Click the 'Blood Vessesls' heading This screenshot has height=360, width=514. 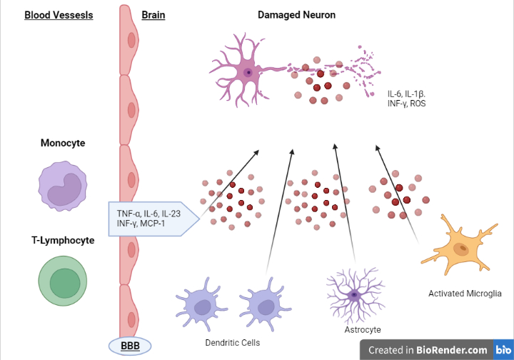click(x=59, y=14)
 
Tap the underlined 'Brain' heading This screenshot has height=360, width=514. click(x=153, y=14)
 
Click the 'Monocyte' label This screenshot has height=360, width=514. click(x=63, y=143)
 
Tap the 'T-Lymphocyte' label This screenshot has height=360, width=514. click(x=63, y=240)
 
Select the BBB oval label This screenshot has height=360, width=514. click(x=130, y=346)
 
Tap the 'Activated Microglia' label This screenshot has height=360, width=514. click(x=465, y=293)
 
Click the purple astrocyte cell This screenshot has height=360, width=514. click(x=353, y=294)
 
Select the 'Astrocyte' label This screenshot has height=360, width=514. click(x=363, y=330)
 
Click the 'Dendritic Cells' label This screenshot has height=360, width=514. click(x=233, y=343)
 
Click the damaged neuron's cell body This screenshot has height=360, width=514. click(x=248, y=72)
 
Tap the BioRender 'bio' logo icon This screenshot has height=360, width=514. click(x=502, y=350)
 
